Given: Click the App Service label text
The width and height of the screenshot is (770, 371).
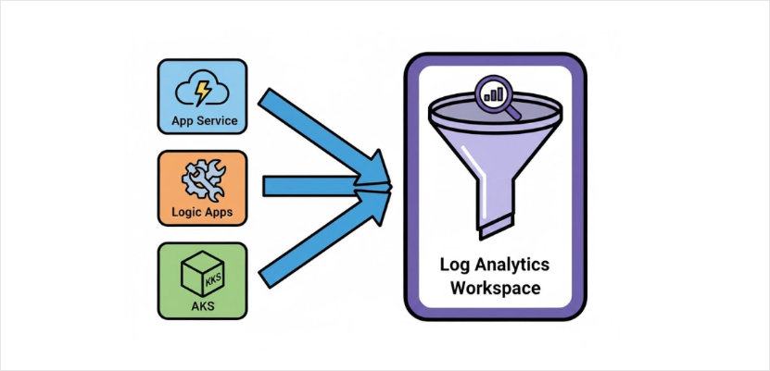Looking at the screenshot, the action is click(x=204, y=120).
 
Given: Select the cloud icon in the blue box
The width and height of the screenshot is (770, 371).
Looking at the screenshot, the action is click(x=202, y=92).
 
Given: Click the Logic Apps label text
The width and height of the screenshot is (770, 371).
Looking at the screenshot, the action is click(x=202, y=212).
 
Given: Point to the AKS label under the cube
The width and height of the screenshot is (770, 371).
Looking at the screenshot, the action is click(x=202, y=307).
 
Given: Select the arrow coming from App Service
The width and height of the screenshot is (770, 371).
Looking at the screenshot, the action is click(x=324, y=136).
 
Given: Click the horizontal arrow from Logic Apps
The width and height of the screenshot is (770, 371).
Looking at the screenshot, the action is click(x=327, y=186).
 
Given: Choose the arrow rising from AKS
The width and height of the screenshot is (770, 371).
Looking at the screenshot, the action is click(x=324, y=239).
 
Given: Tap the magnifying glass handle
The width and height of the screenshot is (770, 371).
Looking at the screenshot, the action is click(x=513, y=113).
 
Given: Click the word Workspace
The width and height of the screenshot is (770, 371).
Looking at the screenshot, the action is click(x=496, y=288).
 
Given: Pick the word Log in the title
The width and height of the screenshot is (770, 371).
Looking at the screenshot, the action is click(x=455, y=266).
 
